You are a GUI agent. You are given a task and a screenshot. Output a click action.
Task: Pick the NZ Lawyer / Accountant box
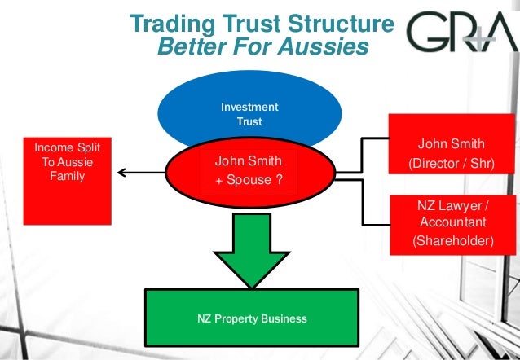[453, 222]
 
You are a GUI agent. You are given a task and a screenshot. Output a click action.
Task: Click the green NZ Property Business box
[251, 318]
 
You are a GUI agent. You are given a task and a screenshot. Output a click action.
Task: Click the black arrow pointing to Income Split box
[139, 172]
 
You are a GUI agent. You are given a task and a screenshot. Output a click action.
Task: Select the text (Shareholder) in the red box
[453, 241]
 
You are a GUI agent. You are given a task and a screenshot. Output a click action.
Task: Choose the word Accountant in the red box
[453, 222]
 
